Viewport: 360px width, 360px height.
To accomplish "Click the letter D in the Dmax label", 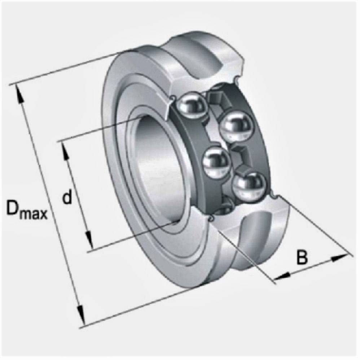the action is click(13, 208).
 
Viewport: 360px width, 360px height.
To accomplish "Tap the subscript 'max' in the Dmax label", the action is click(34, 214).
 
